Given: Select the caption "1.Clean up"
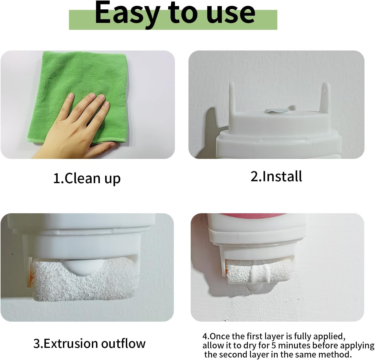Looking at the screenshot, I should tap(87, 178).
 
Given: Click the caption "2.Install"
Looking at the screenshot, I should tap(276, 176).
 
